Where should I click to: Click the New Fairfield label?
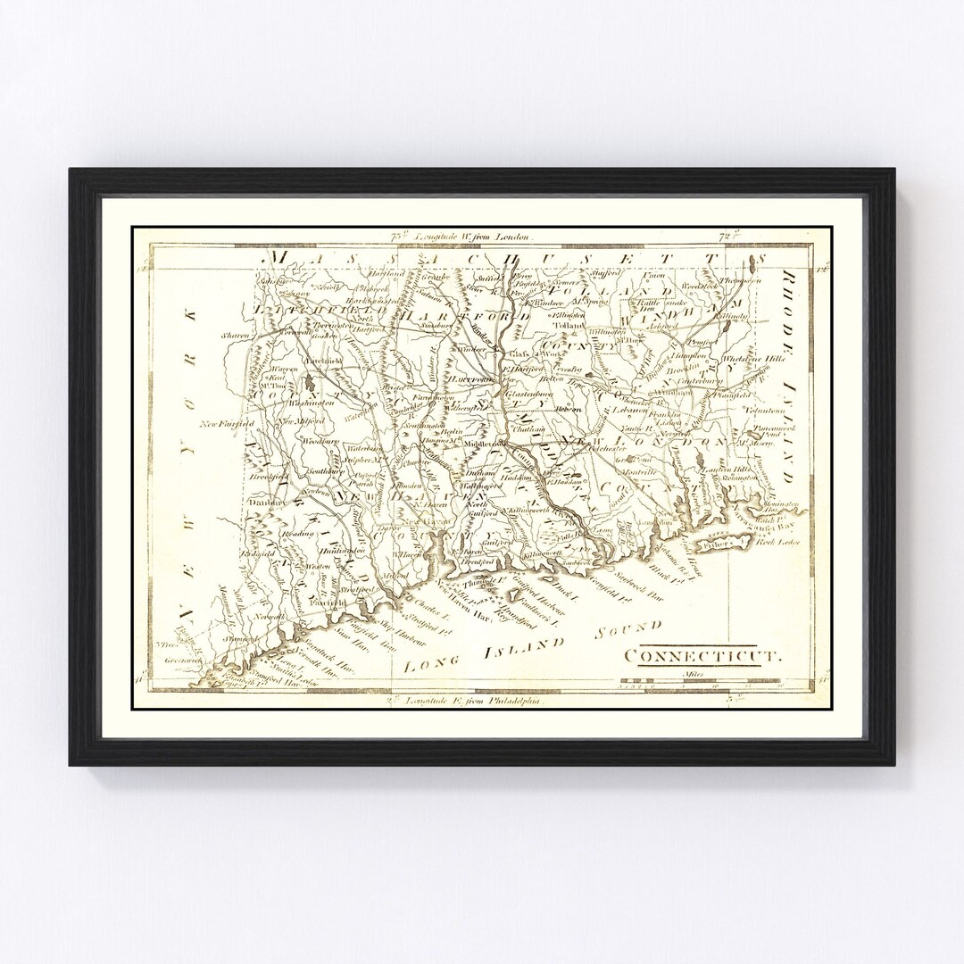coord(227,423)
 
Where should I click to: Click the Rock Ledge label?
coord(779,542)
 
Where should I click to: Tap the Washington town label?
coord(310,403)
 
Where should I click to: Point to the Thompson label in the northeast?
coord(740,281)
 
